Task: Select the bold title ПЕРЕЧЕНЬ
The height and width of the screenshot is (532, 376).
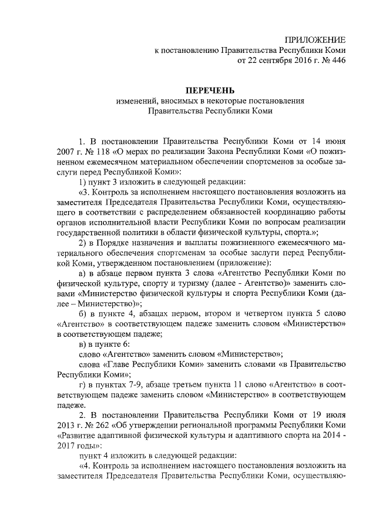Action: [x=210, y=90]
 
